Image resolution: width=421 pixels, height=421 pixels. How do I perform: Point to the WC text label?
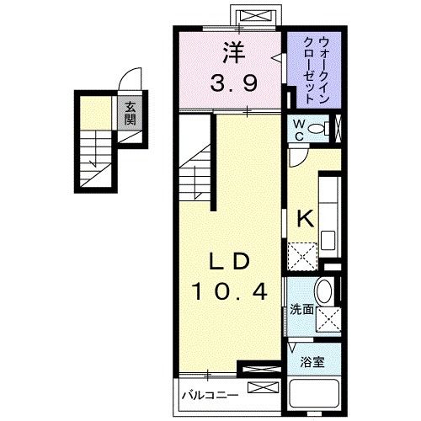click(298, 129)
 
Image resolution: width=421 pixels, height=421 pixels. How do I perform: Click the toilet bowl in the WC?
click(317, 130)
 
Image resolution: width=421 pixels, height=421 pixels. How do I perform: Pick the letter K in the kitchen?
click(304, 218)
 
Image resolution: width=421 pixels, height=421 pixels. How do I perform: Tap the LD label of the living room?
click(228, 262)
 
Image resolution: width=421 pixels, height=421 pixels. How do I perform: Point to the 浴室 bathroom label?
click(314, 363)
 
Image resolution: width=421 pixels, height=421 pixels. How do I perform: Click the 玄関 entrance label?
click(131, 113)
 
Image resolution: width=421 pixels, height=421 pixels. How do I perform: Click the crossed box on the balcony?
click(262, 390)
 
